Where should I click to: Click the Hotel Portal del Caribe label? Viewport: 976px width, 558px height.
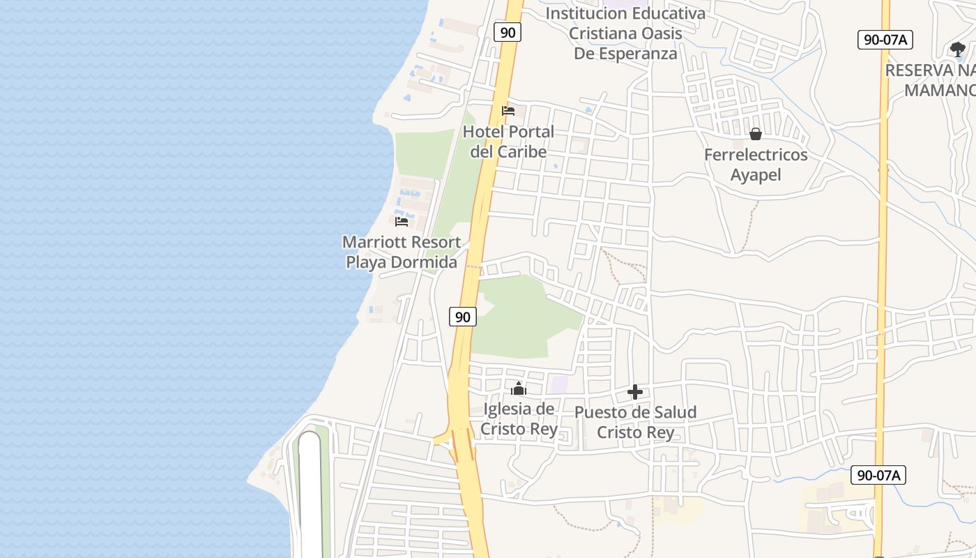click(x=508, y=142)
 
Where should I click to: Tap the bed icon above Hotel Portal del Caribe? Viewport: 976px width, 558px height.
click(x=508, y=111)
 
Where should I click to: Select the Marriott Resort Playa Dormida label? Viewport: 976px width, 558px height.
click(x=402, y=252)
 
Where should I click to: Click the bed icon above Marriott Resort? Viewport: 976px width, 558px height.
click(x=402, y=222)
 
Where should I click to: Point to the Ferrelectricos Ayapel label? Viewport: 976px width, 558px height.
click(x=756, y=165)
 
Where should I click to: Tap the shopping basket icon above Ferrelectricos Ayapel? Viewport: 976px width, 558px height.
click(x=756, y=134)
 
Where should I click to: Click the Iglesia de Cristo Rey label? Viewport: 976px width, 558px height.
click(x=519, y=418)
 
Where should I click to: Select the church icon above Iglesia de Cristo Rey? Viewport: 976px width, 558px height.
click(x=519, y=389)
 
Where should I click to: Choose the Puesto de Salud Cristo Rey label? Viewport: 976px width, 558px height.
click(x=635, y=422)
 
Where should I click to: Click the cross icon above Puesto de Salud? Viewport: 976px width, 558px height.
click(x=635, y=392)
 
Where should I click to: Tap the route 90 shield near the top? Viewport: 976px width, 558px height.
click(x=508, y=32)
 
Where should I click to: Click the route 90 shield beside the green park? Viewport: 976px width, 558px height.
click(x=462, y=317)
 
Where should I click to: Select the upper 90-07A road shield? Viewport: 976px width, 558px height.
click(x=885, y=40)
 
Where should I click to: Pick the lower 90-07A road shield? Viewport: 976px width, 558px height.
click(x=878, y=476)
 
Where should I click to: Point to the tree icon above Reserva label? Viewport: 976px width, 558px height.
click(x=957, y=49)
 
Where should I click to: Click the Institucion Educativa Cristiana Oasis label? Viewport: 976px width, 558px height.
click(x=625, y=33)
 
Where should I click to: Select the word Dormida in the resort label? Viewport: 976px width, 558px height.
click(x=423, y=263)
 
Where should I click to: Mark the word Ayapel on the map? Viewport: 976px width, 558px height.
click(x=756, y=174)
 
